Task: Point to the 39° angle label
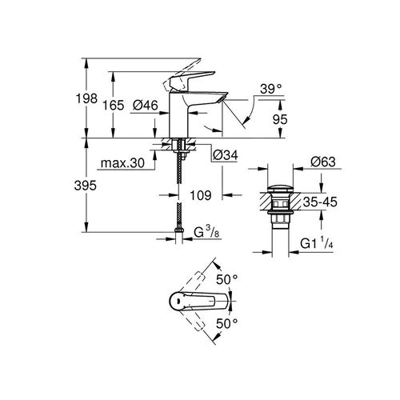(x=272, y=90)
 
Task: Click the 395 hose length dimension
(x=95, y=186)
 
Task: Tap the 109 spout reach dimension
(x=203, y=193)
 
